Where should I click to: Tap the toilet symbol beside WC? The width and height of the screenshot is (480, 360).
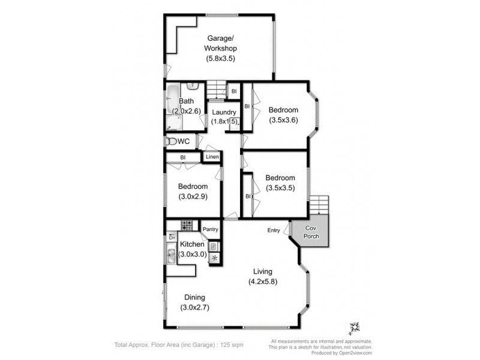pos(172,142)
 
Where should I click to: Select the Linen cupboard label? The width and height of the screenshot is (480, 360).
pos(212,157)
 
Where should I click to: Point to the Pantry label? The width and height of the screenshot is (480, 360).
pos(210,229)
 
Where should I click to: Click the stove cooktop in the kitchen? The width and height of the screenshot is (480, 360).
pos(187,227)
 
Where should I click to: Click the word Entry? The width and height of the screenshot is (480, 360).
pos(274,230)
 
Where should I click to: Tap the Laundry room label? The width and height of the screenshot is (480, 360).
pos(223,112)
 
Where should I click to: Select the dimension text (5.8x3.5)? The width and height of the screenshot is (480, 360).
pos(221,58)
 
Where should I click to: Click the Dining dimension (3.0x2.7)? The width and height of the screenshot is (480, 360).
pos(194,308)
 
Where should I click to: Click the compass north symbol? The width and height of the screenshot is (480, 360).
pos(354,328)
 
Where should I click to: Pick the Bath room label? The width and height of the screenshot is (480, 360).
pos(186,101)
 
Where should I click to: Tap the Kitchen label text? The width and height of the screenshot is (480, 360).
pos(193,245)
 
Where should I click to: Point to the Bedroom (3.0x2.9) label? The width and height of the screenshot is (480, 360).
pos(193,187)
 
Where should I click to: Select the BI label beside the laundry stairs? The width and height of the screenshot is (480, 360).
pos(233,91)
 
